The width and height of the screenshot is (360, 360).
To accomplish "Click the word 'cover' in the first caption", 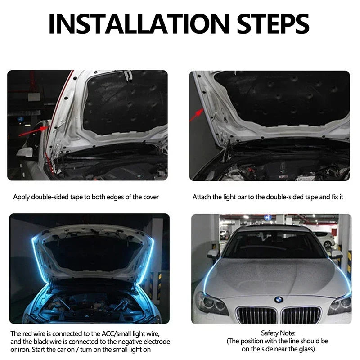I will (150, 197).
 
